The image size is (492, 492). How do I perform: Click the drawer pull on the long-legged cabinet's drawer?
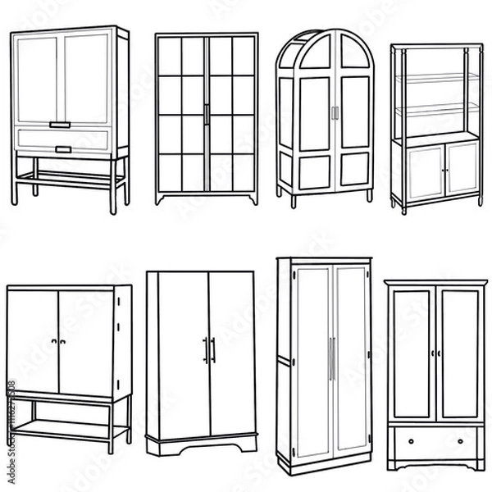63,148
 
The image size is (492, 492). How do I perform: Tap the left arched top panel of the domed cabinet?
317,54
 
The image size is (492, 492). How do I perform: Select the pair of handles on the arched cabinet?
334,113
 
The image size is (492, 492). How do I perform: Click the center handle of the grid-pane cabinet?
207,114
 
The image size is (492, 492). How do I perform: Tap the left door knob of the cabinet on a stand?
54,341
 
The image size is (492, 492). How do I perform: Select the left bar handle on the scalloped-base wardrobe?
205,350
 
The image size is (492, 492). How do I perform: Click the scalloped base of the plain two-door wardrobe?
202,446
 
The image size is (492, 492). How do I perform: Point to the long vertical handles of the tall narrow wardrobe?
331,358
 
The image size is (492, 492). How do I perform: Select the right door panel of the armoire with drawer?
459,353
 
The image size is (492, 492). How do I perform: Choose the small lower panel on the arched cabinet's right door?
354,171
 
